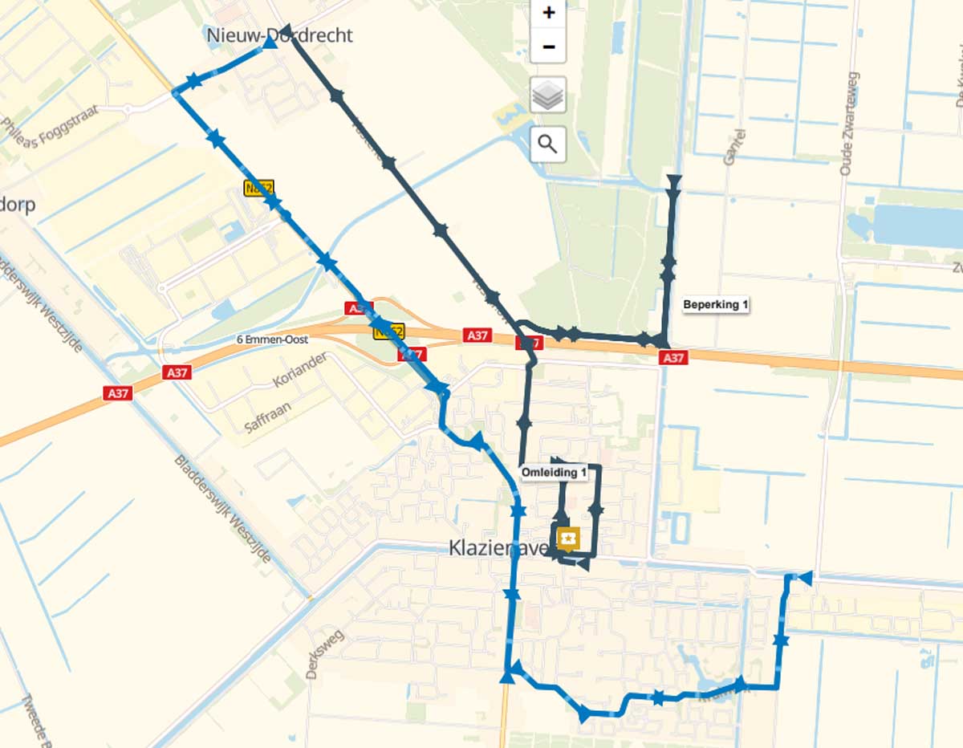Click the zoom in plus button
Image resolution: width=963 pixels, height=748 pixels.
[x=549, y=13]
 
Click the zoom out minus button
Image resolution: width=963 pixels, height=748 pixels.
[x=549, y=47]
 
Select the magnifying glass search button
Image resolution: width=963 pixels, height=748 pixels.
[x=549, y=144]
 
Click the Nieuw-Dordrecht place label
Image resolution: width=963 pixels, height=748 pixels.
[x=279, y=35]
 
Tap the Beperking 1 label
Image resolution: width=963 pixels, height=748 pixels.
[x=716, y=305]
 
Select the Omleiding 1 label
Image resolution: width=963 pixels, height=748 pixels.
[x=554, y=473]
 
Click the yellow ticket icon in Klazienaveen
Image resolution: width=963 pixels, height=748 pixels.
[x=568, y=537]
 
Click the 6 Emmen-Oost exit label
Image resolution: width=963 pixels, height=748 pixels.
[x=273, y=339]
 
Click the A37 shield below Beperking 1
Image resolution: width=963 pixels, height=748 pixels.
[x=672, y=358]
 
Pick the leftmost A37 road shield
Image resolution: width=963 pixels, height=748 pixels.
[x=117, y=393]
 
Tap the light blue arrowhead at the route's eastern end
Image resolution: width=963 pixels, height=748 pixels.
[x=805, y=577]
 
